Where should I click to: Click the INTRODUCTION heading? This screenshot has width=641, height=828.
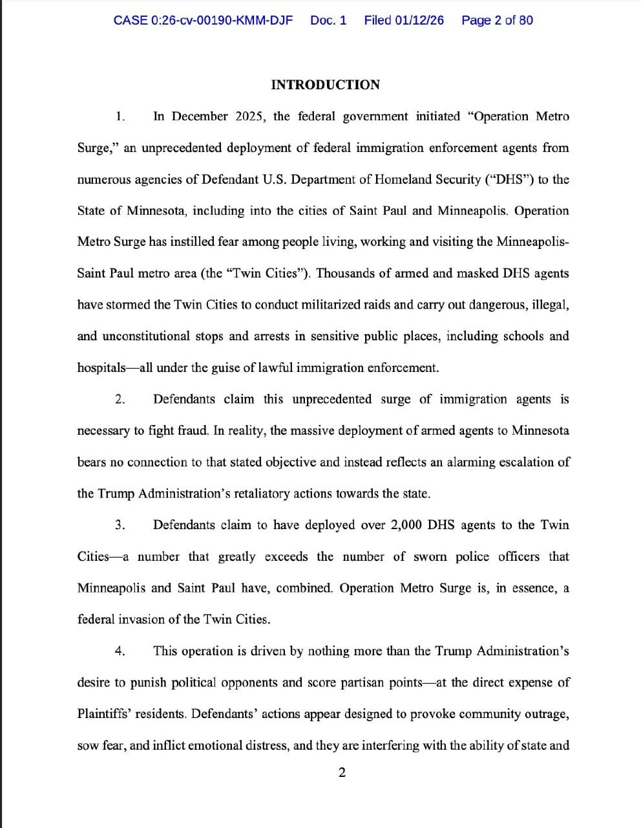tap(325, 85)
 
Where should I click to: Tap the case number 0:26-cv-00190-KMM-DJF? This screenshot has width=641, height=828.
tap(221, 20)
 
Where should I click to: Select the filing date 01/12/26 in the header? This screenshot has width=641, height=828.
tap(419, 20)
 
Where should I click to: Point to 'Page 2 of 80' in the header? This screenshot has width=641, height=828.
tap(497, 20)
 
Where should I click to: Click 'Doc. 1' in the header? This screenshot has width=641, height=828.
tap(328, 20)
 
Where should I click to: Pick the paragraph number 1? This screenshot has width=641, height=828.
tap(120, 116)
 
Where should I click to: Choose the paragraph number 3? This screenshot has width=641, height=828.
tap(120, 525)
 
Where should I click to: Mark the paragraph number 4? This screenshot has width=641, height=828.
tap(120, 651)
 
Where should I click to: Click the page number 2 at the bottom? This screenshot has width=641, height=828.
tap(342, 772)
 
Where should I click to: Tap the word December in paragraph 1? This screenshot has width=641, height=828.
tap(200, 116)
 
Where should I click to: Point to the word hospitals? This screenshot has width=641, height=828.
tap(101, 367)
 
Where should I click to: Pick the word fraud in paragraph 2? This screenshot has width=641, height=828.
tap(191, 431)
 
